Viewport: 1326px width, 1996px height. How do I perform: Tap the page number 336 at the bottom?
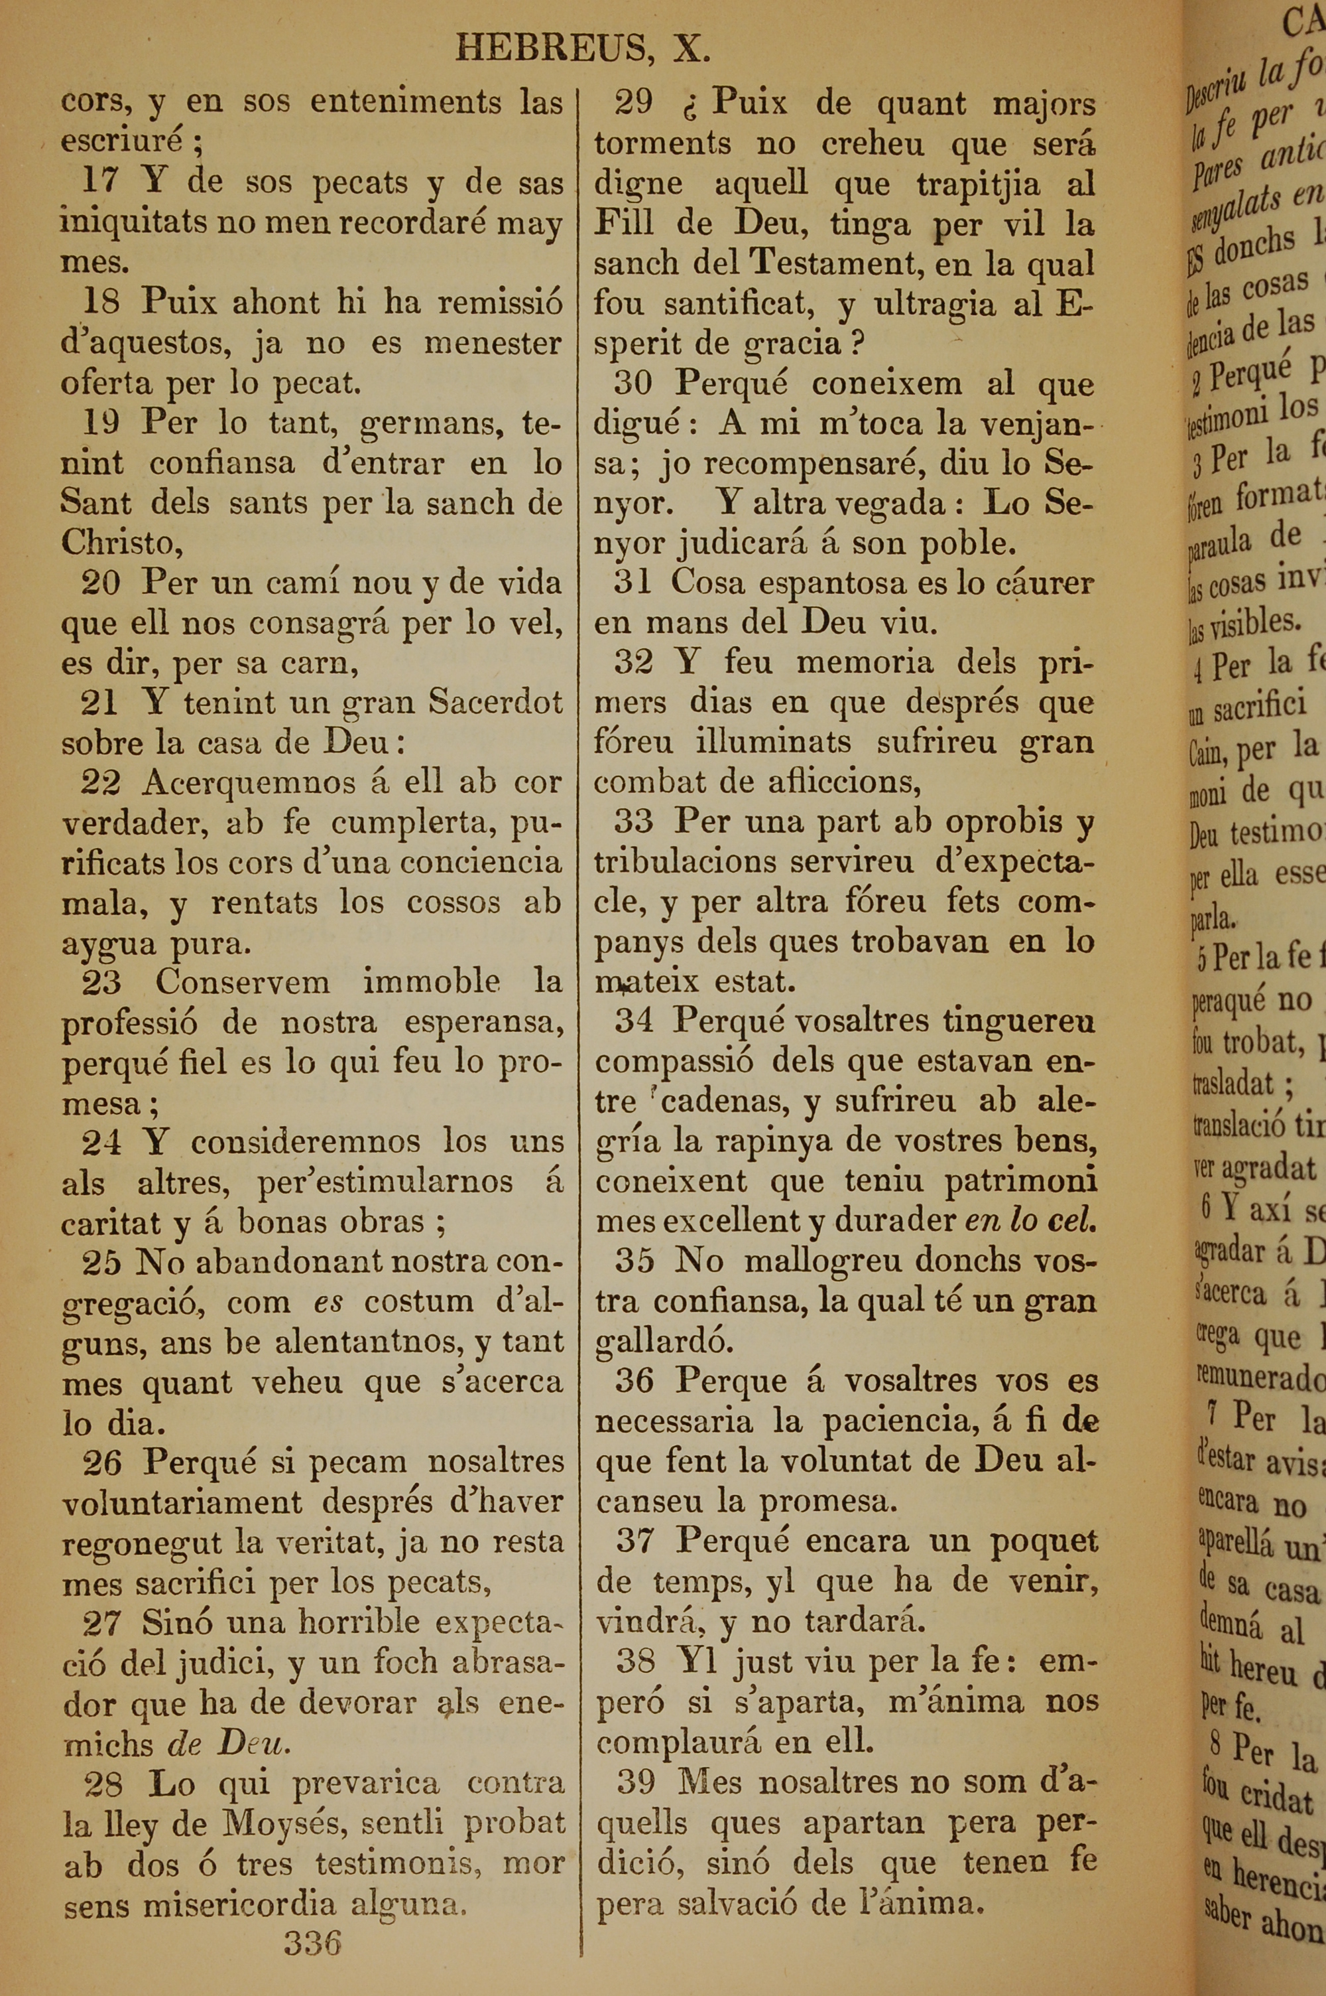click(312, 1943)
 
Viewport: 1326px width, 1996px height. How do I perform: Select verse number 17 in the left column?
click(101, 181)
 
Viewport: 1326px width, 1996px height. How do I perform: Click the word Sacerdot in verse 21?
click(495, 702)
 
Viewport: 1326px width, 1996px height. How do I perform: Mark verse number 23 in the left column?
click(101, 982)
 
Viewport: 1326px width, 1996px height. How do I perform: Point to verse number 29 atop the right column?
click(633, 102)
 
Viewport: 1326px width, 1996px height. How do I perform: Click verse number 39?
click(636, 1782)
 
